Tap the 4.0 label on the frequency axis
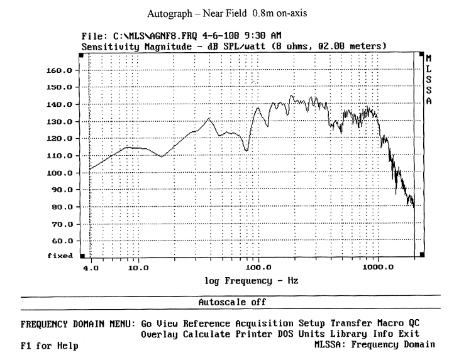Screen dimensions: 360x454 point(91,268)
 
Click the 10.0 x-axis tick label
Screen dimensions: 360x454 point(138,268)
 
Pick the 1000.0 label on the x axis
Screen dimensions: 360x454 point(377,268)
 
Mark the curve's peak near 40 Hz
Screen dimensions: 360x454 point(209,118)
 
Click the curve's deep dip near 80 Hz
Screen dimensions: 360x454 point(246,151)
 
